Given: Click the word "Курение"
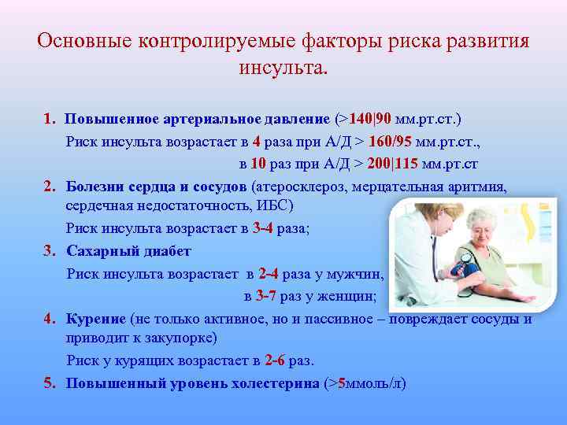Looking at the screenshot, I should coord(96,318).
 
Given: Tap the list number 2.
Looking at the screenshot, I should coord(49,187).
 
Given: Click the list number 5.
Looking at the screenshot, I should coord(49,383).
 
